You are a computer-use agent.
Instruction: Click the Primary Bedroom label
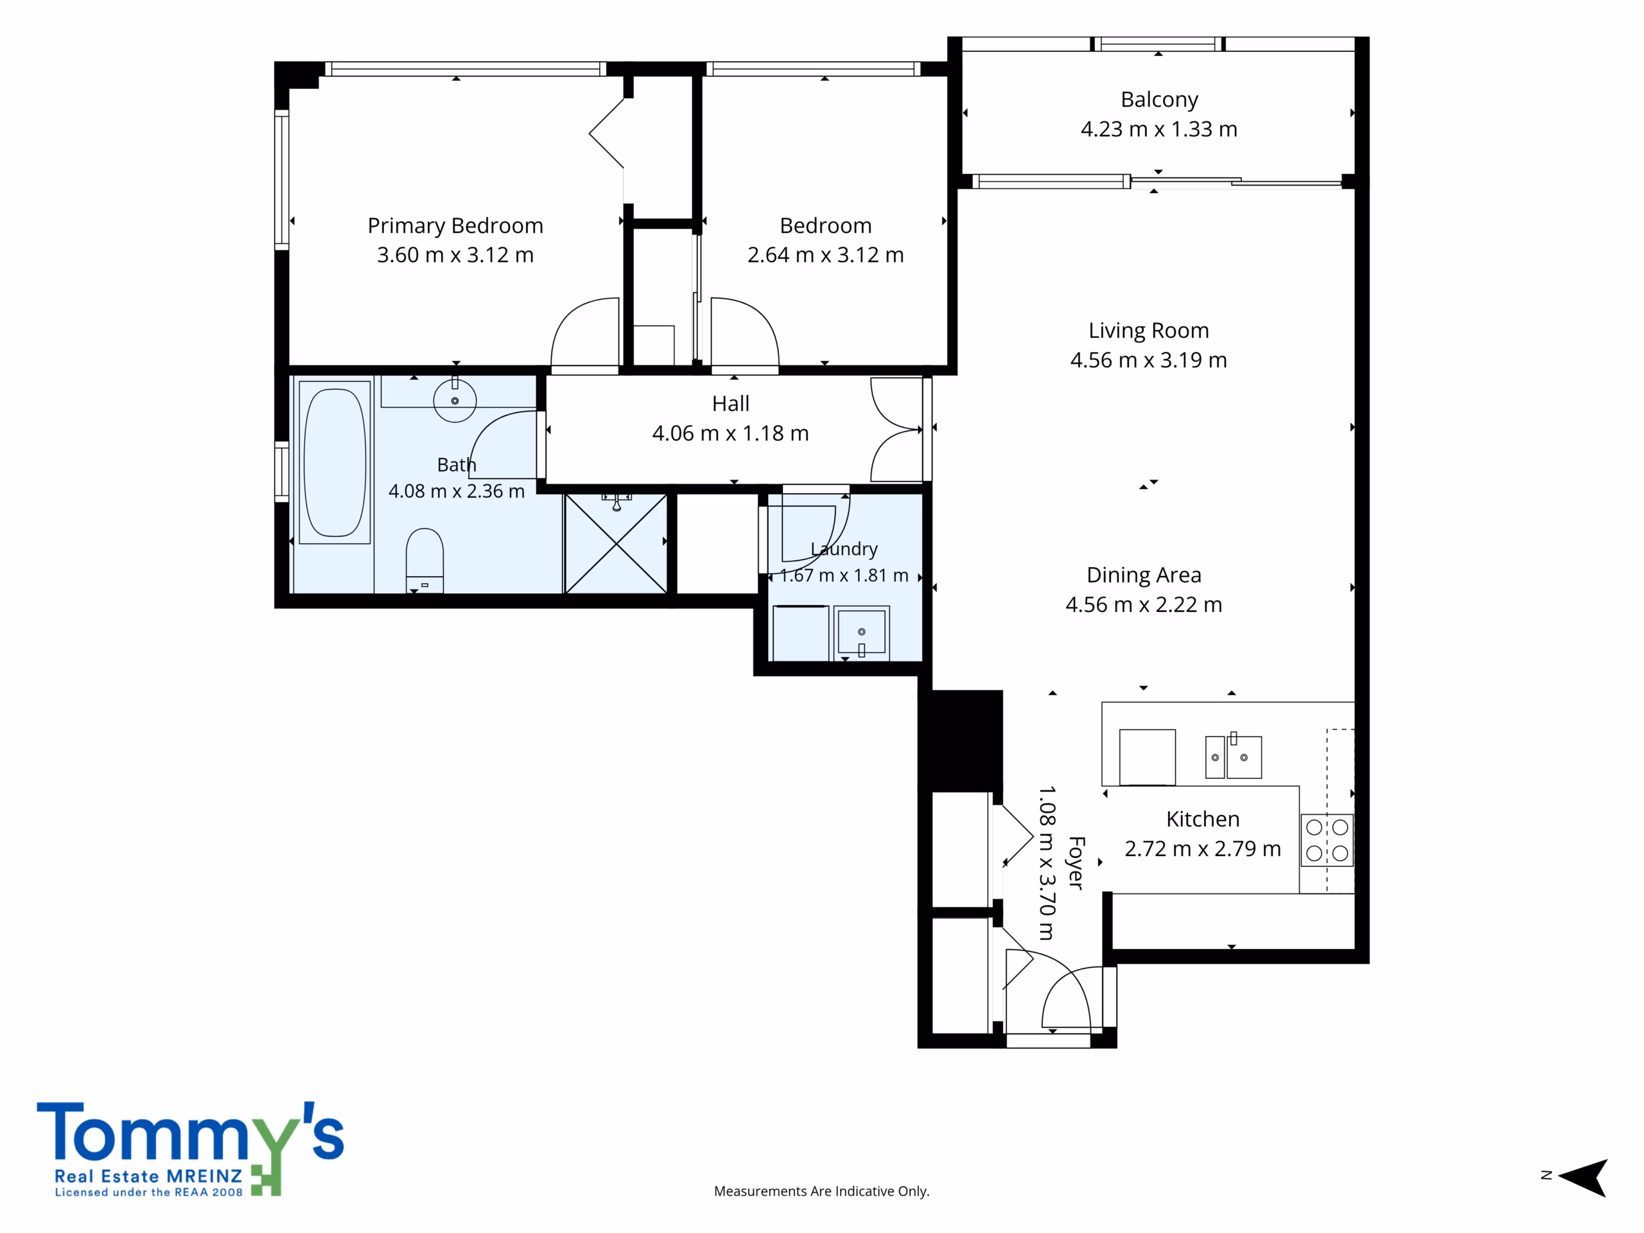point(455,225)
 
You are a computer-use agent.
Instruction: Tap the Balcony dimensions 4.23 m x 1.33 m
point(1159,129)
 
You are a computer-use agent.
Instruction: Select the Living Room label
point(1148,331)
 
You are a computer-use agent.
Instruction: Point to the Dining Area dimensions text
point(1144,605)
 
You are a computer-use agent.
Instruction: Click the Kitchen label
point(1203,819)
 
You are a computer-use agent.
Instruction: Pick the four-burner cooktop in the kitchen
point(1327,840)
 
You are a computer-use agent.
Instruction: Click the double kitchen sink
point(1233,756)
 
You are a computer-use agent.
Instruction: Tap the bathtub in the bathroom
point(335,462)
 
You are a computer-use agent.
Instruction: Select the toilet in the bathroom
point(424,561)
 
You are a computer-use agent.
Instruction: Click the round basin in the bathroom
point(455,400)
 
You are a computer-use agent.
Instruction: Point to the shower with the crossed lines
point(615,543)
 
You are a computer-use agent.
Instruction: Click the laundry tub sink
point(861,633)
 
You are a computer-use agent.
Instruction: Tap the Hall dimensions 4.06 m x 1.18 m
point(731,433)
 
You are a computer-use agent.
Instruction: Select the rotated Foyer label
point(1076,863)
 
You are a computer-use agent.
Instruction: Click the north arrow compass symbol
point(1583,1177)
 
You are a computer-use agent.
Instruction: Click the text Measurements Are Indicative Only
point(821,1191)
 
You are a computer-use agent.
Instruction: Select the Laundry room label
point(844,549)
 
